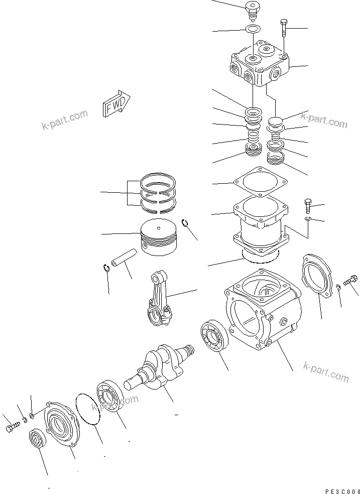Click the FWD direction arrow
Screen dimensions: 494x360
point(116,104)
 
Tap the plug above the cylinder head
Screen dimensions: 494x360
point(252,9)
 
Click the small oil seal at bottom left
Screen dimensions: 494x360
point(37,438)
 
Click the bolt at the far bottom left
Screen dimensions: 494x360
point(12,427)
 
